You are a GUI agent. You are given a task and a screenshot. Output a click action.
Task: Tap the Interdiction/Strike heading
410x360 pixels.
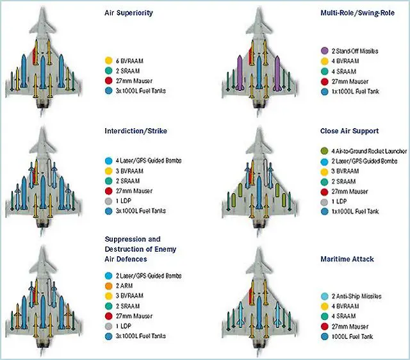point(135,131)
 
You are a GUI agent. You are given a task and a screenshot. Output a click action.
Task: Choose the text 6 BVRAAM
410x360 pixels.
point(131,60)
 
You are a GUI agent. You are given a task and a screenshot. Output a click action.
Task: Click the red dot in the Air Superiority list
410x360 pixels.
point(108,81)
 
